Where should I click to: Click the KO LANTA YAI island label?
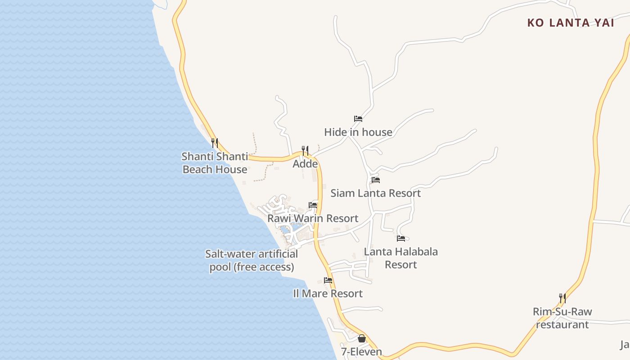coord(571,23)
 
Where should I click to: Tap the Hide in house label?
coord(358,132)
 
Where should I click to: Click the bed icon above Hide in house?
coord(358,119)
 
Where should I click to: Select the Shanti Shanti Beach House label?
coord(215,163)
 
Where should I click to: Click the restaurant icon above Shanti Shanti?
coord(215,143)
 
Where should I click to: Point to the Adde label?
coord(305,163)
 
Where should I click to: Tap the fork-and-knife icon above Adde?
coord(305,150)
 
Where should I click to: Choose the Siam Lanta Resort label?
coord(376,193)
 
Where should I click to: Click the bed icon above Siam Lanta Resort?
coord(376,180)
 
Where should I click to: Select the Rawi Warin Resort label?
coord(313,218)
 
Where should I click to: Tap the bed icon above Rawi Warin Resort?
coord(313,205)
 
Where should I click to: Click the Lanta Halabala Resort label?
coord(400,258)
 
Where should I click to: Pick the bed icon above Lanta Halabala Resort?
coord(400,238)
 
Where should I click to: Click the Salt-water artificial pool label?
coord(252,261)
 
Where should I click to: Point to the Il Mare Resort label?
coord(328,293)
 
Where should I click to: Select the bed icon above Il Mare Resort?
coord(328,280)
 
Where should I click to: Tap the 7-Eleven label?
coord(361,351)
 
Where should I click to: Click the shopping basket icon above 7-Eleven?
coord(362,338)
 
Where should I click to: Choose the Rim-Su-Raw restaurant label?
coord(562,318)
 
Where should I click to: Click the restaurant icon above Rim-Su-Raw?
coord(562,298)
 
